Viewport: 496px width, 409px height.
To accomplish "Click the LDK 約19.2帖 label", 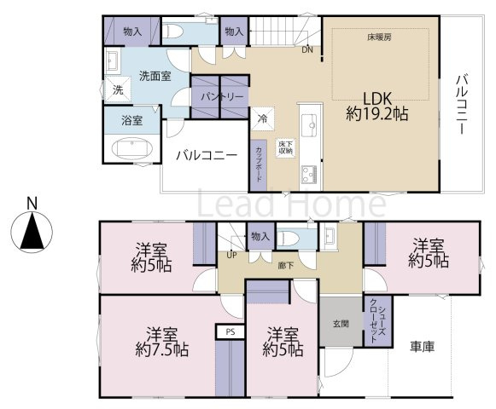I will [x=376, y=104].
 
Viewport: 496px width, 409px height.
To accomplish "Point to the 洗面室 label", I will [x=155, y=76].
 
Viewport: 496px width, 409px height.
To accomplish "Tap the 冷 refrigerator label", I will [x=263, y=118].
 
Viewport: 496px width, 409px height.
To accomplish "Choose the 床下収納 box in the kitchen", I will [x=285, y=146].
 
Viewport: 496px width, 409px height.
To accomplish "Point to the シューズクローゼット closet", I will [x=376, y=319].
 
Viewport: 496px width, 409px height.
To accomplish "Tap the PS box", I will [x=229, y=331].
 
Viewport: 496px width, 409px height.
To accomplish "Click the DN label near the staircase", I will [x=307, y=49].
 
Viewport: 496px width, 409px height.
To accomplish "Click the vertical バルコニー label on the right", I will [x=461, y=105].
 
